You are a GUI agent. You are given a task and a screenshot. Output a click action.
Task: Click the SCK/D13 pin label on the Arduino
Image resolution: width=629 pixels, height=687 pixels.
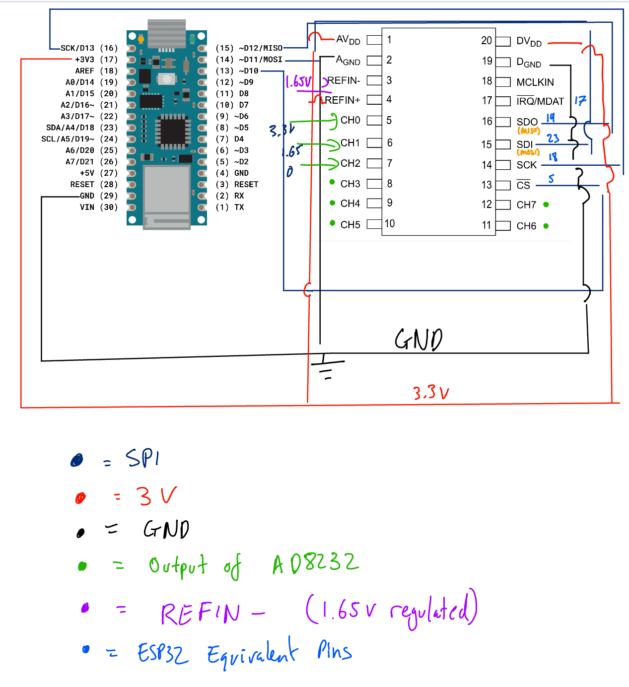point(77,48)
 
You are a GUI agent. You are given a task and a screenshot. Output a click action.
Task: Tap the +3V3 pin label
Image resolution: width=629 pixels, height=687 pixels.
point(84,60)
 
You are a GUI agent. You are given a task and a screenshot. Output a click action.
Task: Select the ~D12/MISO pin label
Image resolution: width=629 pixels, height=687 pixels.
point(260,48)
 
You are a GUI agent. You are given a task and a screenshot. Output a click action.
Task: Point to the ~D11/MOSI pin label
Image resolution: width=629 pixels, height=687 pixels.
point(260,60)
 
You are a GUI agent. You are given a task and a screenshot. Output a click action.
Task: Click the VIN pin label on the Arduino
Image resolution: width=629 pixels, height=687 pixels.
point(87,207)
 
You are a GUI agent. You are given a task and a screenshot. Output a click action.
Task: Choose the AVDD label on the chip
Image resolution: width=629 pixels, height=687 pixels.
point(348,40)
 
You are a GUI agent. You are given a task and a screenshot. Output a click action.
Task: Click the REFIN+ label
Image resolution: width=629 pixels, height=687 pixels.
point(342,100)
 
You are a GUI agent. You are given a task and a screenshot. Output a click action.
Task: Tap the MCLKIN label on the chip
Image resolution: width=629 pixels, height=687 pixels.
point(535,82)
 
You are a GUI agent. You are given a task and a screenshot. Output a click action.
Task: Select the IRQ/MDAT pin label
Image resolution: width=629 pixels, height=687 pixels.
point(540,101)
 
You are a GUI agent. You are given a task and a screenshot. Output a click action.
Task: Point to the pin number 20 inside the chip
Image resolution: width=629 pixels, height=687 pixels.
point(486,40)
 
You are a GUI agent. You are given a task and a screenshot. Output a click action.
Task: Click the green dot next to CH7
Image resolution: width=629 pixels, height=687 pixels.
point(546,205)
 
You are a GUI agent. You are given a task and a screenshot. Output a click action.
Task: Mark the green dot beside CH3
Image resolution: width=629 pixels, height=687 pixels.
point(332,182)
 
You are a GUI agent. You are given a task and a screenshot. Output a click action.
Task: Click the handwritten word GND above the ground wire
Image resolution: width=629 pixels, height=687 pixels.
point(419,340)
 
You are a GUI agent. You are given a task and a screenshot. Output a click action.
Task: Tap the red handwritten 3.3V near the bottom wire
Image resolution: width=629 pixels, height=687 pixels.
point(431,393)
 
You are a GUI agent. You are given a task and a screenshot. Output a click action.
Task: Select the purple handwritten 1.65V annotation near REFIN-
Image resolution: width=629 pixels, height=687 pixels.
point(299,82)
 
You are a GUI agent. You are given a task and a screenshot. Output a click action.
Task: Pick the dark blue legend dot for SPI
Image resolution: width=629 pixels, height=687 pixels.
point(77,461)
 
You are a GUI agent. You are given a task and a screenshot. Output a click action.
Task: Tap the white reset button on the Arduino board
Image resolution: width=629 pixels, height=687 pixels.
point(167,79)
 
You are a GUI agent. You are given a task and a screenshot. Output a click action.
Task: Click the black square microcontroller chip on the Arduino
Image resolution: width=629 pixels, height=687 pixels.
point(173,131)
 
